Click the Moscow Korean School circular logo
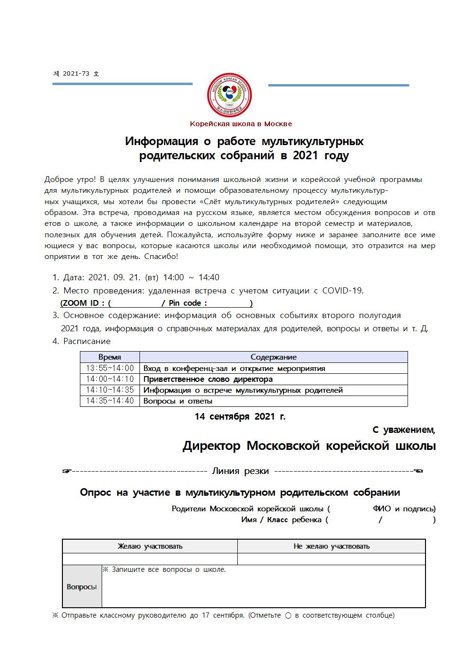[230, 95]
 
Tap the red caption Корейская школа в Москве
[241, 124]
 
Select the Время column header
[110, 357]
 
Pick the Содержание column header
[273, 357]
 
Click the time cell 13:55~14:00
[110, 368]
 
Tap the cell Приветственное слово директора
[208, 379]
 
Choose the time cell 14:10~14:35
[110, 390]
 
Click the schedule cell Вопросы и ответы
[178, 401]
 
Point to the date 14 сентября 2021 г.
[240, 416]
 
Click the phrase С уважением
[403, 430]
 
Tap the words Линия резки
[240, 471]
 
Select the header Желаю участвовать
[150, 546]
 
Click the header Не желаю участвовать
[331, 546]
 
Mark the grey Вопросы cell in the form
[82, 586]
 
